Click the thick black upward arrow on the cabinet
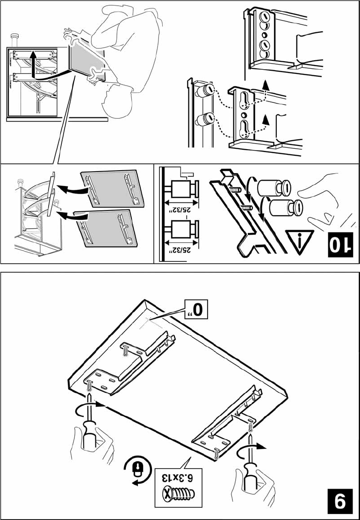click(x=32, y=65)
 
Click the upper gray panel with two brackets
click(x=112, y=189)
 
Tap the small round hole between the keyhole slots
click(x=244, y=115)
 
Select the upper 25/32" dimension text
click(x=180, y=210)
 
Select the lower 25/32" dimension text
click(x=180, y=249)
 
